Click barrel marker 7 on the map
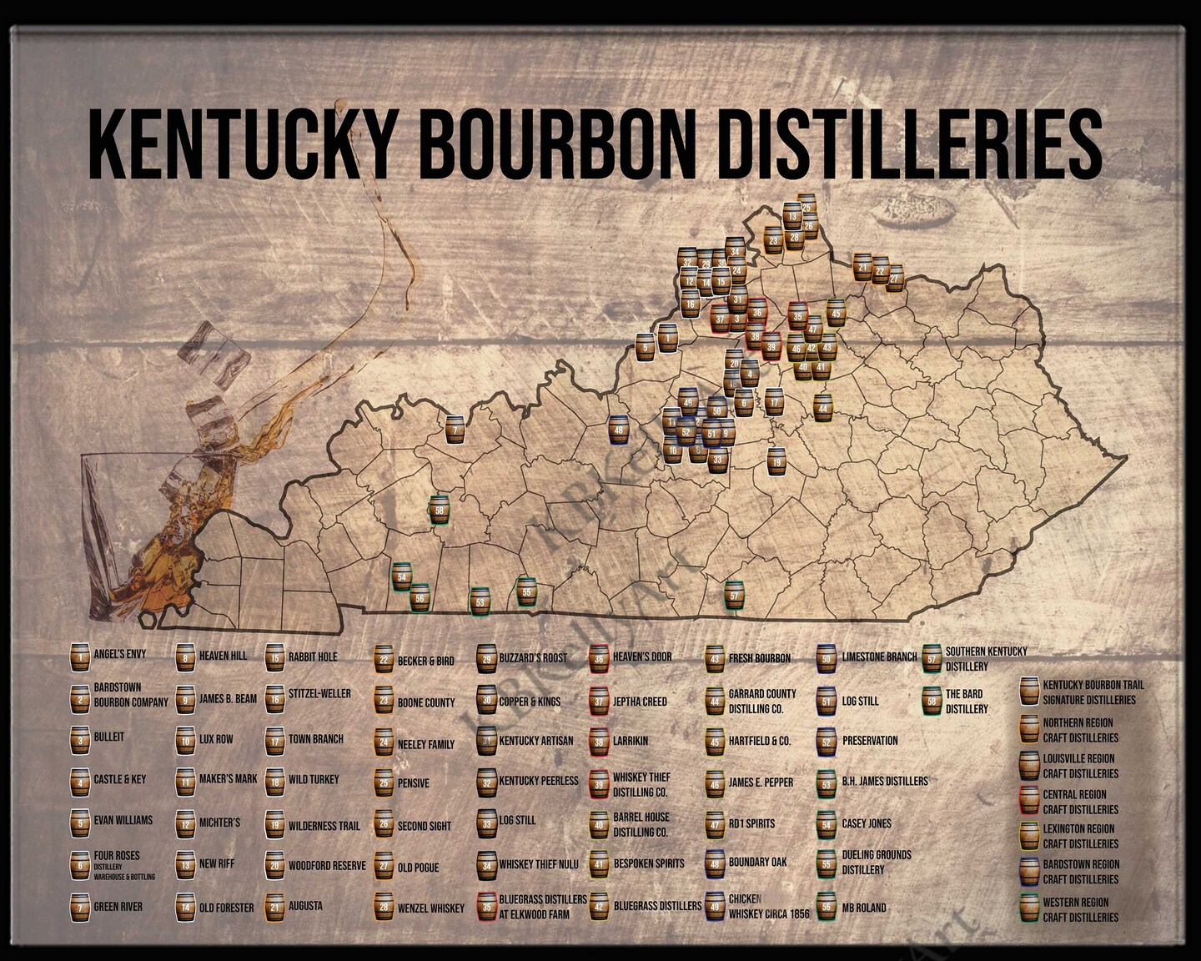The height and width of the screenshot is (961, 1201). click(x=455, y=430)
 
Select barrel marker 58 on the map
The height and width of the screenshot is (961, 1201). click(x=440, y=510)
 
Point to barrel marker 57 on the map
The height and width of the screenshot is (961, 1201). click(x=734, y=596)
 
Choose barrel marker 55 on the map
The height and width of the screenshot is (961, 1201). click(x=526, y=591)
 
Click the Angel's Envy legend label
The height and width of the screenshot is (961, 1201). click(x=119, y=655)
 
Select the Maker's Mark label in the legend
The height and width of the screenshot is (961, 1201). click(x=228, y=779)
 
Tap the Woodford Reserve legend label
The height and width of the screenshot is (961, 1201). click(x=327, y=866)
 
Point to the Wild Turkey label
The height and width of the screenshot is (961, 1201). click(x=314, y=779)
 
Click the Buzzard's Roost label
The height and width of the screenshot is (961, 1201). click(x=533, y=657)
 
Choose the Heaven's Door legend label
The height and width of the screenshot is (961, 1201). click(x=642, y=657)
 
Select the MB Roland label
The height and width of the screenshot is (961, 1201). click(x=864, y=907)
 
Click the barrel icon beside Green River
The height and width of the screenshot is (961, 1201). click(x=80, y=907)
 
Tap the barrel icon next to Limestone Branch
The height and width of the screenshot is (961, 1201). click(x=827, y=658)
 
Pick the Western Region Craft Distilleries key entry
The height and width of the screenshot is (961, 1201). click(x=1080, y=909)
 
